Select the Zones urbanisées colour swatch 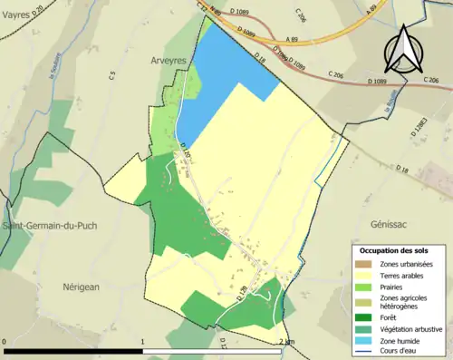click(364, 264)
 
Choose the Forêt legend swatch click(364, 317)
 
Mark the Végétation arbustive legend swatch click(364, 328)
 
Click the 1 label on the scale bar click(143, 342)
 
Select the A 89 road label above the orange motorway click(292, 40)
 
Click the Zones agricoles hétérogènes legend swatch click(364, 302)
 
